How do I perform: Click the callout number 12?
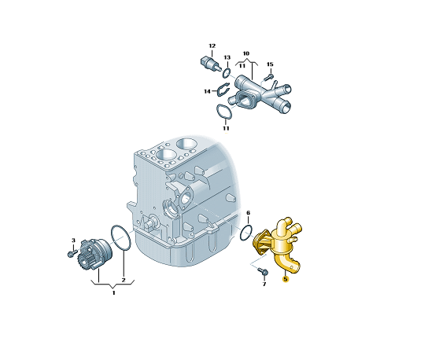[212, 46]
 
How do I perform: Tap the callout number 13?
[227, 57]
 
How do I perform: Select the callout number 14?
[207, 91]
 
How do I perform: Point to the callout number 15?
[270, 64]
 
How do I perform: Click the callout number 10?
[246, 53]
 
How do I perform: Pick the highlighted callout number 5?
[286, 279]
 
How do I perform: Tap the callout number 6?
[248, 213]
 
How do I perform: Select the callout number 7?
[264, 285]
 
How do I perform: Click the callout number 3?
[73, 241]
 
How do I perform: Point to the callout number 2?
[124, 280]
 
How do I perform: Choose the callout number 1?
[114, 293]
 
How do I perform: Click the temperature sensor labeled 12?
[210, 64]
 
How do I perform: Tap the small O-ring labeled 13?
[227, 72]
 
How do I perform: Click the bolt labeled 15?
[268, 76]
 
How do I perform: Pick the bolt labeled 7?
[263, 271]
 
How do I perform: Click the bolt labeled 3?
[72, 253]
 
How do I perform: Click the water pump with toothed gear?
[94, 254]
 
